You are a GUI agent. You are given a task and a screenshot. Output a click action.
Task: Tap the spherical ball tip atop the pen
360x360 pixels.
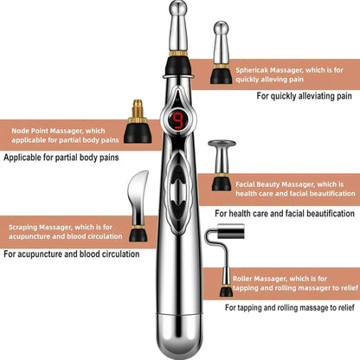coord(179,11)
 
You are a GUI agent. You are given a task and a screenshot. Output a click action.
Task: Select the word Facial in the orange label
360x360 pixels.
coord(247,184)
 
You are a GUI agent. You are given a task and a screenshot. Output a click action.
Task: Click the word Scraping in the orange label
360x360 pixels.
coord(25,228)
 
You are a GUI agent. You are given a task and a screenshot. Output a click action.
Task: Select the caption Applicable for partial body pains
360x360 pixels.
coord(61,158)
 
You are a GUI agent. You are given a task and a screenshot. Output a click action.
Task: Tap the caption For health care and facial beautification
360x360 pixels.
coord(285,213)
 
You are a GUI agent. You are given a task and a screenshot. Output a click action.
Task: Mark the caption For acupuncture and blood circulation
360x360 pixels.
coord(71,254)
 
